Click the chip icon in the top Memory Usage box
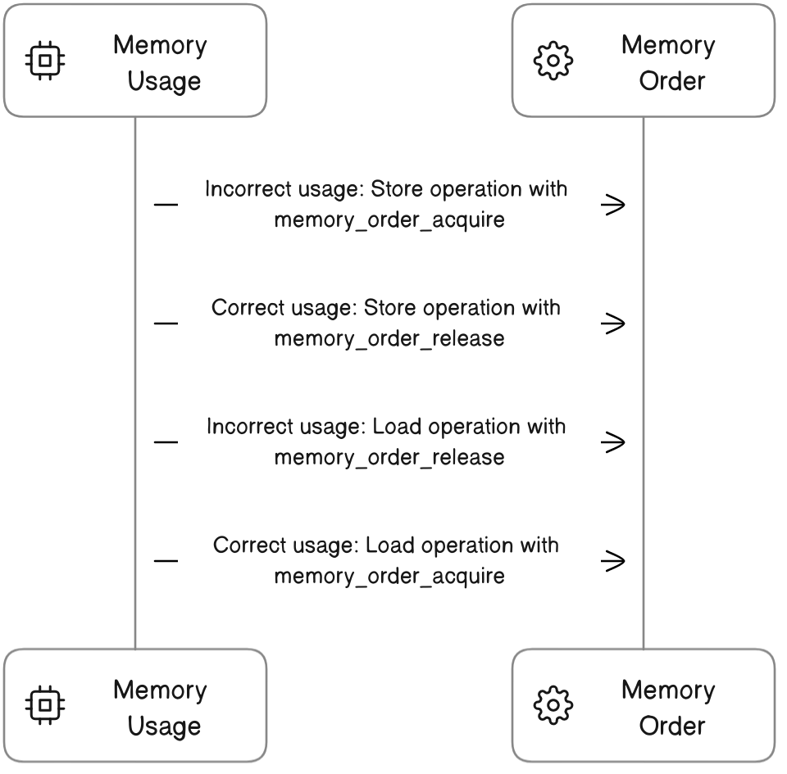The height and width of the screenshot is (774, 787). pyautogui.click(x=46, y=61)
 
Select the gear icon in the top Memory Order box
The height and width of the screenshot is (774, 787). pyautogui.click(x=553, y=61)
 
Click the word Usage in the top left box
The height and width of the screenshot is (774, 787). pyautogui.click(x=164, y=81)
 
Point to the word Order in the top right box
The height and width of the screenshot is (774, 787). pyautogui.click(x=672, y=81)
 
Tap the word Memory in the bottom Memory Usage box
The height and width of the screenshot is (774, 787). pyautogui.click(x=160, y=690)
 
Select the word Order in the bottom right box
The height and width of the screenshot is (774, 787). pyautogui.click(x=672, y=726)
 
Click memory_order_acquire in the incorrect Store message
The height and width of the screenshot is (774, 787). pyautogui.click(x=389, y=220)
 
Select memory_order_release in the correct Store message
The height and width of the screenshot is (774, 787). pyautogui.click(x=389, y=338)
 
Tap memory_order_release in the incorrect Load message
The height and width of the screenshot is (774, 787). pyautogui.click(x=389, y=456)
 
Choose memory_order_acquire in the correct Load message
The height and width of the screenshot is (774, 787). pyautogui.click(x=389, y=576)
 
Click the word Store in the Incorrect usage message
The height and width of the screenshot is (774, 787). pyautogui.click(x=396, y=190)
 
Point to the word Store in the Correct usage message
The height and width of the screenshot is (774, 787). pyautogui.click(x=388, y=309)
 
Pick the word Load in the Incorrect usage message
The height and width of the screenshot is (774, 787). pyautogui.click(x=398, y=428)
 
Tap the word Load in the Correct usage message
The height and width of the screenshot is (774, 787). pyautogui.click(x=390, y=546)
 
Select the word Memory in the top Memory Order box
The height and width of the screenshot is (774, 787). pyautogui.click(x=667, y=45)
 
